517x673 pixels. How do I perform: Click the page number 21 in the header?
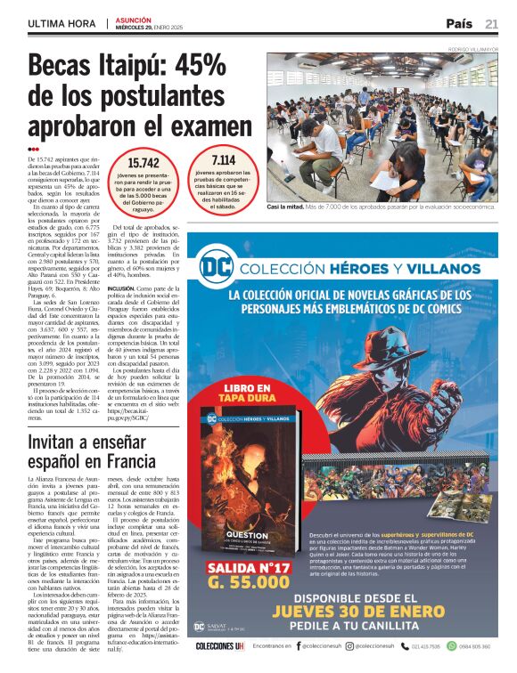click(491, 24)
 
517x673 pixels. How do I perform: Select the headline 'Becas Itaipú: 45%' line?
click(127, 66)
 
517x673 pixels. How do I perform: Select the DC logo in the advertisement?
click(213, 264)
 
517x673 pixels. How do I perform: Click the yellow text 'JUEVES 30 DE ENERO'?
click(384, 612)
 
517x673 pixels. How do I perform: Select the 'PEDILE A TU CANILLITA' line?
click(385, 629)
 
